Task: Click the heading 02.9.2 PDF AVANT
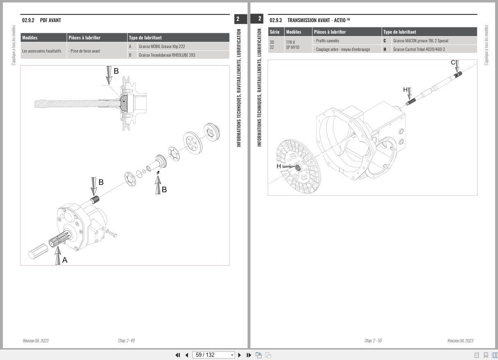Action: pos(41,20)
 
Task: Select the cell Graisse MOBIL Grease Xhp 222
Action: pos(162,46)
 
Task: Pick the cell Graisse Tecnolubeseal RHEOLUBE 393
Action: pos(167,55)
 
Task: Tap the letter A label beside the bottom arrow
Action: pos(64,260)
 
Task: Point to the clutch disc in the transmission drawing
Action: pos(298,166)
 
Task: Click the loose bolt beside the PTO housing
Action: pos(112,234)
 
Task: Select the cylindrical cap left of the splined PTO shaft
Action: pos(38,251)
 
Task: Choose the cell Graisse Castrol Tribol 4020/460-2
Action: pos(419,49)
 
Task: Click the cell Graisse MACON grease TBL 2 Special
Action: pos(420,41)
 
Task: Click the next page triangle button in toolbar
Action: pos(240,355)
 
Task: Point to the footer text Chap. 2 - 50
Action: pos(373,341)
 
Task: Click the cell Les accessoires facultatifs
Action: pos(41,51)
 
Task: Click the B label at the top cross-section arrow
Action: pos(116,71)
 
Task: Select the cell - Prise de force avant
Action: pos(84,51)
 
